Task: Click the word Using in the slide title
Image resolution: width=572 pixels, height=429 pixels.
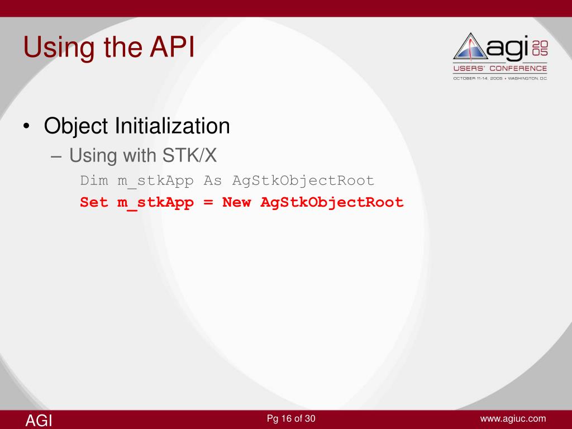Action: click(59, 49)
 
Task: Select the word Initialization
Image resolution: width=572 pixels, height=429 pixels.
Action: click(173, 126)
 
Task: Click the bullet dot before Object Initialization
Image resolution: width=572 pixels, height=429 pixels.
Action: click(26, 127)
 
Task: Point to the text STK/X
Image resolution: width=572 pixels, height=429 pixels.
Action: click(189, 155)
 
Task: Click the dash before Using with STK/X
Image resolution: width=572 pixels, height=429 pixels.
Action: click(56, 157)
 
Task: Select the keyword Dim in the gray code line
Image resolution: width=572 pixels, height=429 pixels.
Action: click(94, 180)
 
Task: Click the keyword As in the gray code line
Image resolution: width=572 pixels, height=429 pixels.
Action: click(213, 180)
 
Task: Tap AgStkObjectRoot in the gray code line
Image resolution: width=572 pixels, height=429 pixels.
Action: click(303, 181)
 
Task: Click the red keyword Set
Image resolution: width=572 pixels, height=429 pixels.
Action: click(94, 202)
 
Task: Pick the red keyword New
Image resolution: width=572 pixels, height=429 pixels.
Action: click(236, 202)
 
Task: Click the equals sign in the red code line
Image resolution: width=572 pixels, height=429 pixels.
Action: click(208, 202)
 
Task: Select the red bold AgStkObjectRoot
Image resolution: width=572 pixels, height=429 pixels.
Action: click(332, 203)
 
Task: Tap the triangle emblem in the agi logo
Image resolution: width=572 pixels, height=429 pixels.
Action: click(470, 47)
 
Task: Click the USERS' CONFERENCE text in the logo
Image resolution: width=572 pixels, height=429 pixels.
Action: click(500, 68)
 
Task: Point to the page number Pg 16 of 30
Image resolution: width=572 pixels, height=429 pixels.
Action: click(291, 418)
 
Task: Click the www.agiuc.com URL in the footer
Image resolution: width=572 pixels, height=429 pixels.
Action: click(513, 419)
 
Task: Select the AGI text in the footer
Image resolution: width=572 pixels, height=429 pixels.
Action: click(39, 421)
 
